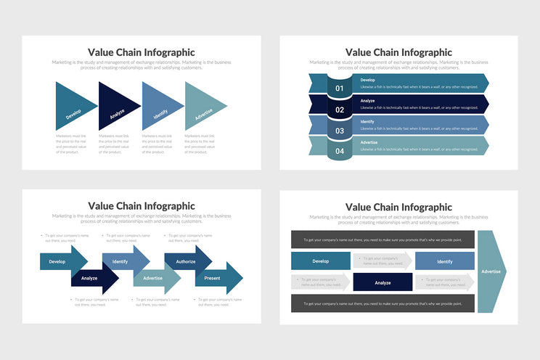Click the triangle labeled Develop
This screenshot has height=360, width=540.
(73, 107)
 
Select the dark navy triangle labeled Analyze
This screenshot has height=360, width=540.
(115, 107)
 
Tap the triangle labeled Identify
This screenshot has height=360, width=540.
(158, 107)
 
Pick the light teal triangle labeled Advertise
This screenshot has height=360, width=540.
(201, 107)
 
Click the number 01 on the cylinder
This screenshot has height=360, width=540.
(340, 89)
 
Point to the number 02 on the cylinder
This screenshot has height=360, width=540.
(340, 110)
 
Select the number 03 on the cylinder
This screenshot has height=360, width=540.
(340, 131)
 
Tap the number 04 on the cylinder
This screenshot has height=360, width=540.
(340, 152)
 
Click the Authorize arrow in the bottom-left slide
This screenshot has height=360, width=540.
(187, 261)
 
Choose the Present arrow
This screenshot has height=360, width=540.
(216, 278)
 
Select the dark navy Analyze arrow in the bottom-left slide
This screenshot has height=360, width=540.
(93, 278)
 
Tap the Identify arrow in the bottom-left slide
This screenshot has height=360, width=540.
(123, 261)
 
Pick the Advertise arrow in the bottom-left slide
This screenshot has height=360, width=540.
(155, 278)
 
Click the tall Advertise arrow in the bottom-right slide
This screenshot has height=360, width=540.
(491, 271)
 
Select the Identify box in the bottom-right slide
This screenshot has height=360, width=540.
(445, 261)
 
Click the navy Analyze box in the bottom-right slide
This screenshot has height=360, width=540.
(382, 282)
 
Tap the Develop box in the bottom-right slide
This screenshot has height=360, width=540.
(321, 261)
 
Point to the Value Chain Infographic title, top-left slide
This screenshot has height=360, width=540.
(142, 52)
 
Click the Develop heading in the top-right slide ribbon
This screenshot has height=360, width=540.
(368, 80)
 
